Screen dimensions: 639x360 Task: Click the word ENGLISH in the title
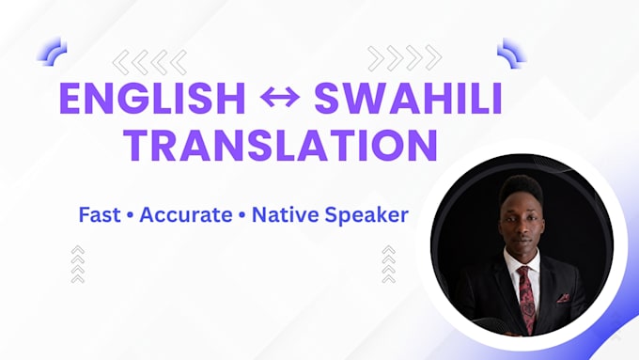pyautogui.click(x=152, y=99)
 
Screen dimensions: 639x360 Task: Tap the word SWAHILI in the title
pyautogui.click(x=408, y=99)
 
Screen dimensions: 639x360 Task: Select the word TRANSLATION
pyautogui.click(x=281, y=145)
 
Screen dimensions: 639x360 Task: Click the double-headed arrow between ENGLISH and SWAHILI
pyautogui.click(x=280, y=98)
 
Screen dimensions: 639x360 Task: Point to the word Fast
pyautogui.click(x=100, y=214)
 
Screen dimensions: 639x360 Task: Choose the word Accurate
pyautogui.click(x=186, y=215)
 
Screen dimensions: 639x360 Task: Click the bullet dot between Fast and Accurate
pyautogui.click(x=130, y=215)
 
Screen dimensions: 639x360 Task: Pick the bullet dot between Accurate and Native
pyautogui.click(x=242, y=215)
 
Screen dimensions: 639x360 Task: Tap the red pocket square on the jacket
pyautogui.click(x=564, y=298)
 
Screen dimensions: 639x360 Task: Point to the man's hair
pyautogui.click(x=521, y=191)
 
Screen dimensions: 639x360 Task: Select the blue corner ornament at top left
pyautogui.click(x=53, y=52)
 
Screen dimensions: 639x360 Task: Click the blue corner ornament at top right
pyautogui.click(x=512, y=53)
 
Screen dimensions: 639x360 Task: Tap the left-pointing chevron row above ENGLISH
pyautogui.click(x=149, y=62)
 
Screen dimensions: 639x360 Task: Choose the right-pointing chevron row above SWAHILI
pyautogui.click(x=405, y=58)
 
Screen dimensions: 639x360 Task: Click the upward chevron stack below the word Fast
pyautogui.click(x=77, y=264)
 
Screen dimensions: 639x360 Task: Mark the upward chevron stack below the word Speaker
pyautogui.click(x=389, y=264)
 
